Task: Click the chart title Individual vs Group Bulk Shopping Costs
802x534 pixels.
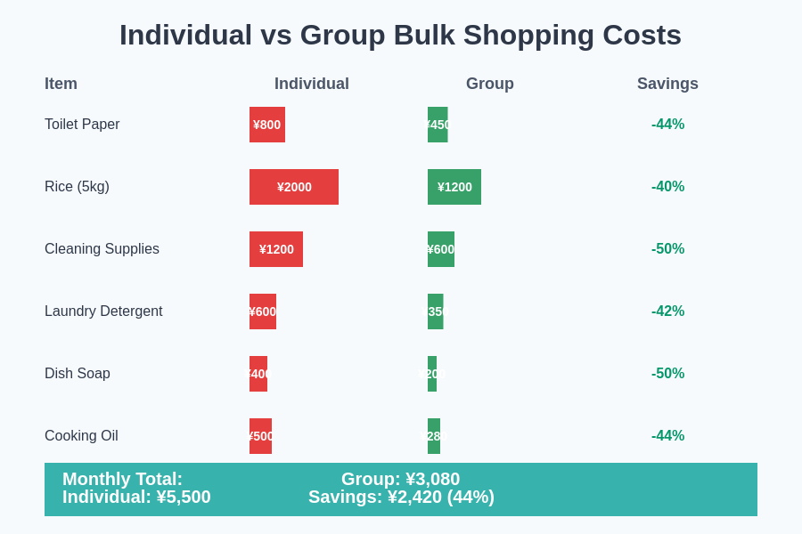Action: tap(400, 35)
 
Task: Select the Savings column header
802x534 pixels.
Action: tap(667, 84)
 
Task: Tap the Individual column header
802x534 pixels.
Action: tap(311, 84)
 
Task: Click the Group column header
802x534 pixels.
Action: tap(489, 84)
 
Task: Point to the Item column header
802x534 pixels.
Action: tap(61, 84)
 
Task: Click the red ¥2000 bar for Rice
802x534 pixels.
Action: tap(294, 187)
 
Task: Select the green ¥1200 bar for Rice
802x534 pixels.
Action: tap(454, 187)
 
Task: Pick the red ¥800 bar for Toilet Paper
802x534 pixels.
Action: tap(267, 125)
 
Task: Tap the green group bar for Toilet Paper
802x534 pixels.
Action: tap(438, 125)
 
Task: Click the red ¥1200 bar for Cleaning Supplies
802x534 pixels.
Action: tap(276, 249)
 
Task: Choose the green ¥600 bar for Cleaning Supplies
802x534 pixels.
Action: tap(441, 249)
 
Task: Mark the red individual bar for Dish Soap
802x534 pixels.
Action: tap(258, 374)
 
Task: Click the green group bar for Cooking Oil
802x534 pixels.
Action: tap(434, 436)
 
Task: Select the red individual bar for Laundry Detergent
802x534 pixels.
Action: tap(263, 311)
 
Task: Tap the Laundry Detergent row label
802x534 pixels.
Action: tap(103, 311)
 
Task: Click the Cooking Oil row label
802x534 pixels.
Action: tap(81, 436)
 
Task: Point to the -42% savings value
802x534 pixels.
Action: tap(667, 311)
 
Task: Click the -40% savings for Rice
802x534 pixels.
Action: tap(667, 187)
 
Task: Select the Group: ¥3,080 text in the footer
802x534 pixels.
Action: tap(400, 479)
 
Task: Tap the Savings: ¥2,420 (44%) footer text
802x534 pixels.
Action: tap(401, 498)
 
